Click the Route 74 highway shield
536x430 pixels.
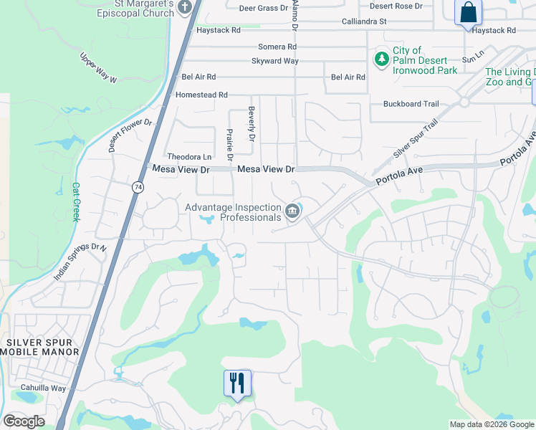136,186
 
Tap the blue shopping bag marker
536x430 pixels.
468,13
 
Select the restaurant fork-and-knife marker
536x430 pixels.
237,383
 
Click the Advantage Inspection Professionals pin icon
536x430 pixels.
292,211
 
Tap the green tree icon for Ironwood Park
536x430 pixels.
381,57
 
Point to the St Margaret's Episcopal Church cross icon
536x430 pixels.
186,9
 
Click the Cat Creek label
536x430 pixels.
75,201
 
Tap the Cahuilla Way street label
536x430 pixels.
43,388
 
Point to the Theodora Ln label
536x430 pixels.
189,157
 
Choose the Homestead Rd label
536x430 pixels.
201,95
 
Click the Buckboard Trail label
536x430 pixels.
411,104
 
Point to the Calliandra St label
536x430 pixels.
363,21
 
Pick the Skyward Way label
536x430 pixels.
274,61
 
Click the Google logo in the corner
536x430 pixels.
24,421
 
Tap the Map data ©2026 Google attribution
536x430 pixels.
492,424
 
